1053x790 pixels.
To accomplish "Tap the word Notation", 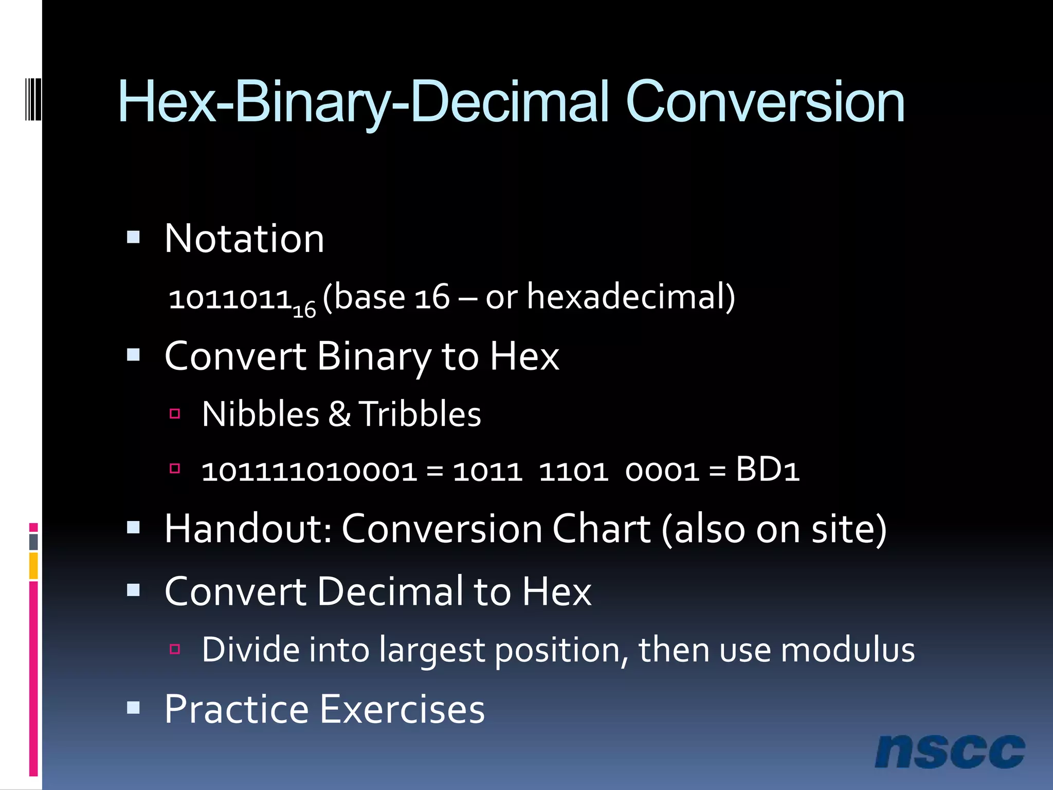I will click(x=244, y=239).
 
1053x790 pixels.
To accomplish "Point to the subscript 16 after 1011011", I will click(x=304, y=310).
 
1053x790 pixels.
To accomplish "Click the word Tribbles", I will click(x=420, y=414).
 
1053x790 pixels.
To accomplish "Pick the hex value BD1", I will click(x=767, y=470).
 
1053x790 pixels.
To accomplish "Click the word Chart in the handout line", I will click(x=602, y=529).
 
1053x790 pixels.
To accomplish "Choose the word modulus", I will click(x=848, y=650).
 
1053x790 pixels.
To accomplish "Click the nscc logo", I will click(x=950, y=751).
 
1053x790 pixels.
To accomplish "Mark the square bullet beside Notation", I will click(x=134, y=237).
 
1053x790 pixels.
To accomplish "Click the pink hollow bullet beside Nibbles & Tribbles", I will click(x=175, y=413).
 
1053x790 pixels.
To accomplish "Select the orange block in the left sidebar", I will click(x=33, y=566).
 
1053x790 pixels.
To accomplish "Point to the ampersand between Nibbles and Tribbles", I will click(x=339, y=414).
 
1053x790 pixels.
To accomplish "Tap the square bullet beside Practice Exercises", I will click(x=134, y=708).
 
